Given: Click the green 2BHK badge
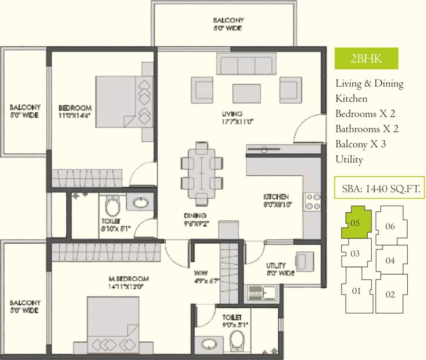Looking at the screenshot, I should [366, 59].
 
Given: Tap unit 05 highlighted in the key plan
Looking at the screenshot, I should [356, 223].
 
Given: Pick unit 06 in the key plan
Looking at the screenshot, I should [390, 226].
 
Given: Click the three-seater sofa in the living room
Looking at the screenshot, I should [246, 64].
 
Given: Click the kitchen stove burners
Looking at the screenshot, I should [313, 201].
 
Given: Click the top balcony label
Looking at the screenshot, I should [228, 24].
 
